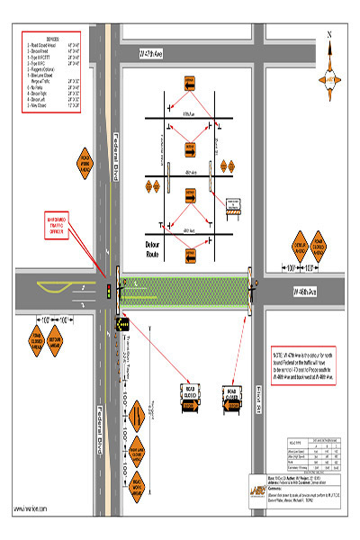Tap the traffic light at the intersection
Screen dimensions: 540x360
[110, 290]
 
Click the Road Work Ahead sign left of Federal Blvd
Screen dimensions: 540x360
[86, 163]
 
